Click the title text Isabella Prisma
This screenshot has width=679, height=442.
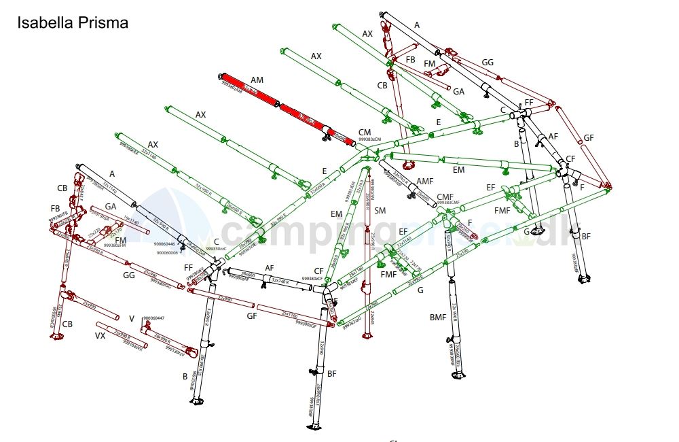[x=73, y=23]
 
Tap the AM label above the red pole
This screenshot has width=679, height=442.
[x=257, y=80]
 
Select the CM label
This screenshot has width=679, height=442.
[x=365, y=132]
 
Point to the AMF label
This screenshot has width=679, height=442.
[x=424, y=181]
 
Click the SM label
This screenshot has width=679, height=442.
[x=380, y=211]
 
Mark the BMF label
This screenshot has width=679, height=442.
[x=439, y=318]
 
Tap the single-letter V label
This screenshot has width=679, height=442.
[x=132, y=318]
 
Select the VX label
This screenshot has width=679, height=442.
[x=100, y=336]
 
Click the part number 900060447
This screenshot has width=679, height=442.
[x=154, y=318]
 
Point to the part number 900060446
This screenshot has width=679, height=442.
[x=164, y=243]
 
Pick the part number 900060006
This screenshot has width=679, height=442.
[x=168, y=253]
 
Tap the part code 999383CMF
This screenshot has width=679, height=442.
[x=449, y=203]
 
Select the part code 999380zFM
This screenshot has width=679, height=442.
[x=115, y=245]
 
